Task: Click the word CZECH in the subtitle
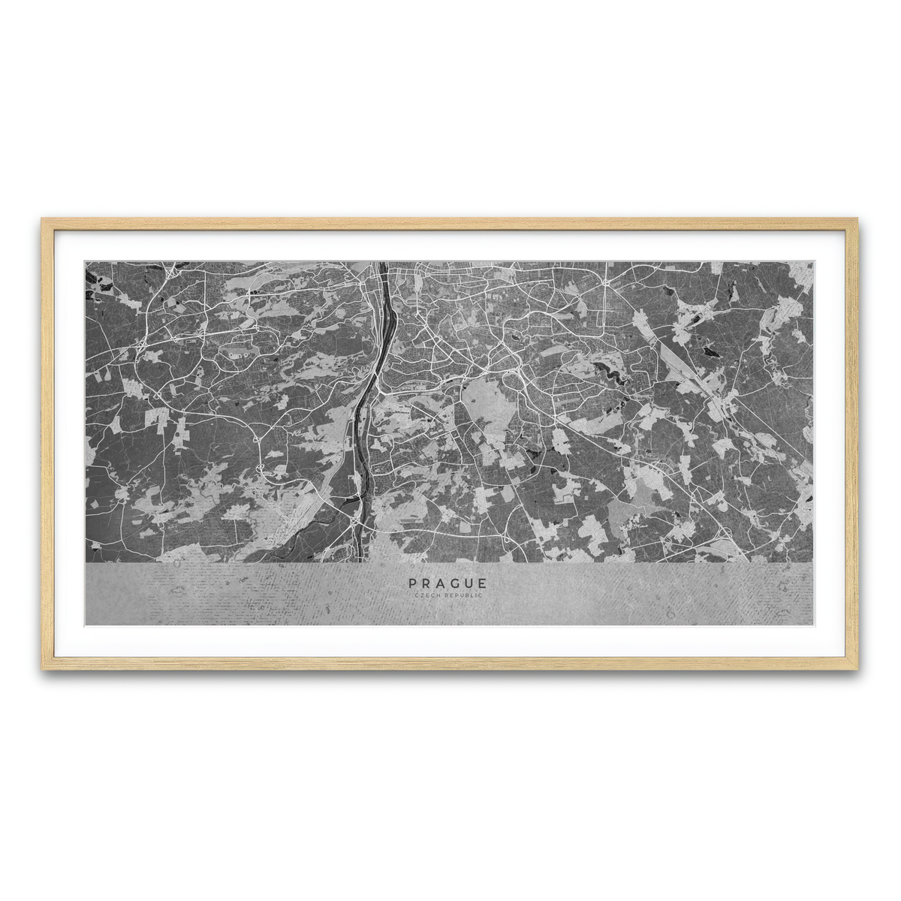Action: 427,595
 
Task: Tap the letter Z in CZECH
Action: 422,595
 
